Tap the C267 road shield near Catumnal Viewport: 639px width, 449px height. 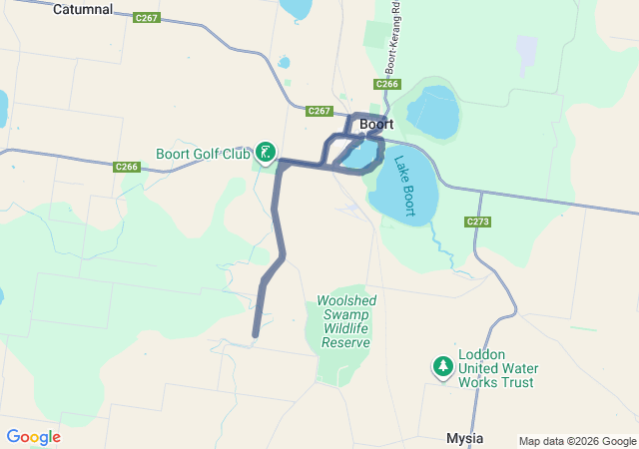(x=146, y=18)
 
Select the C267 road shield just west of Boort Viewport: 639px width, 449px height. (x=319, y=111)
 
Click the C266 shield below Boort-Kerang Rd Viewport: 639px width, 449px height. (x=388, y=84)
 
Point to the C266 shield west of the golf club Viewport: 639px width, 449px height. (x=127, y=167)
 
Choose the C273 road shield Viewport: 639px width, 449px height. (x=477, y=221)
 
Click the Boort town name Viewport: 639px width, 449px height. (x=376, y=125)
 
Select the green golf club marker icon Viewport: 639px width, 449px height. (x=266, y=153)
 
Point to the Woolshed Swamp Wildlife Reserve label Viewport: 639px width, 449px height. (x=345, y=321)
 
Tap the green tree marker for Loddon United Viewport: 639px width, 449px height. (x=442, y=367)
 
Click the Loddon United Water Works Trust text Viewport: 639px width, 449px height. (x=496, y=368)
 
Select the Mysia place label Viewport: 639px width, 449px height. (x=464, y=439)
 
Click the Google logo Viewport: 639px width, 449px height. (x=33, y=437)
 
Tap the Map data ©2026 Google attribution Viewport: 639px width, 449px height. (x=577, y=441)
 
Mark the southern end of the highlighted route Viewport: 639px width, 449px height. (x=256, y=334)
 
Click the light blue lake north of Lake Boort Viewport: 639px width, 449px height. (x=431, y=112)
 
